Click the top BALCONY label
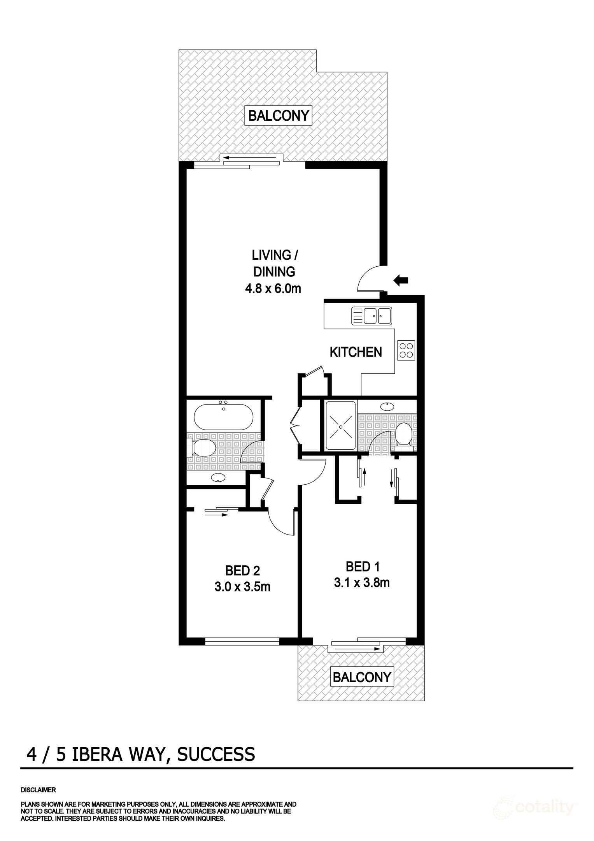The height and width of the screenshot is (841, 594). pyautogui.click(x=279, y=116)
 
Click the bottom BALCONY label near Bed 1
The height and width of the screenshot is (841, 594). pyautogui.click(x=361, y=677)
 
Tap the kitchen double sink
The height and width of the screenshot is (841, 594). pyautogui.click(x=371, y=315)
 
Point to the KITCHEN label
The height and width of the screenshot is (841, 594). pyautogui.click(x=356, y=352)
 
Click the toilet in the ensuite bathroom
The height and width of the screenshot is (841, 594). pyautogui.click(x=404, y=434)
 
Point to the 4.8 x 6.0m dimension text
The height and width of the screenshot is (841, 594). pyautogui.click(x=273, y=289)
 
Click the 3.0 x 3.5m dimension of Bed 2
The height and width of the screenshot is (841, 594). pyautogui.click(x=242, y=586)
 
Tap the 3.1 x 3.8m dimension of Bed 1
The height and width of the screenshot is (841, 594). pyautogui.click(x=362, y=582)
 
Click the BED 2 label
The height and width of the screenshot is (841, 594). pyautogui.click(x=242, y=571)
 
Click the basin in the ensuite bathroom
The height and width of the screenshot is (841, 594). pyautogui.click(x=387, y=406)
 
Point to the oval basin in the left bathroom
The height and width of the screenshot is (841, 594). pyautogui.click(x=219, y=478)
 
